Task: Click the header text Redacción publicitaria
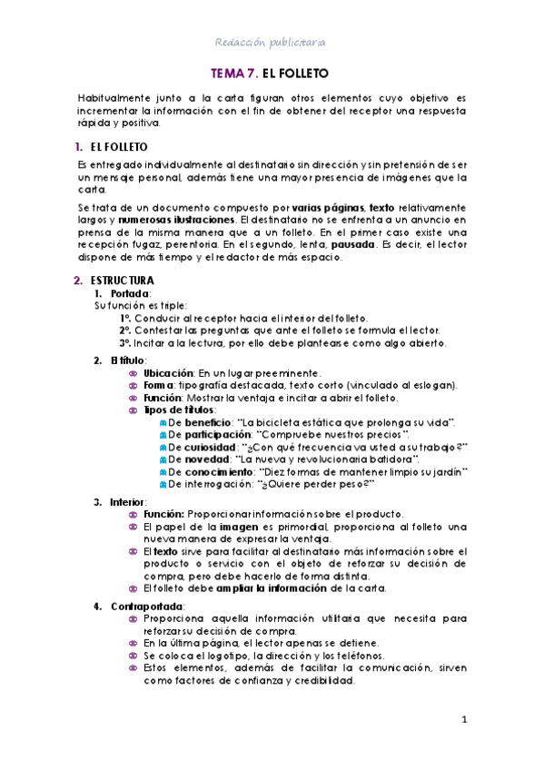coord(271,42)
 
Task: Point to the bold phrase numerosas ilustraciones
coord(175,221)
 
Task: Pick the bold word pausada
coord(351,245)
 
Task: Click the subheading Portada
coord(131,294)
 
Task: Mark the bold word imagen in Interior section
coord(235,527)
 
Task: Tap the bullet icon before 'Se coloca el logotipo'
coord(134,656)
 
